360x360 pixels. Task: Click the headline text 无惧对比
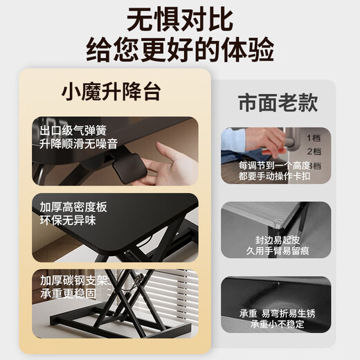coord(180,19)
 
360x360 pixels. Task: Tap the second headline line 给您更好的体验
coord(180,50)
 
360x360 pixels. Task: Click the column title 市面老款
coord(278,103)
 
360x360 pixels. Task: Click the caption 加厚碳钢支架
coord(73,280)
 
